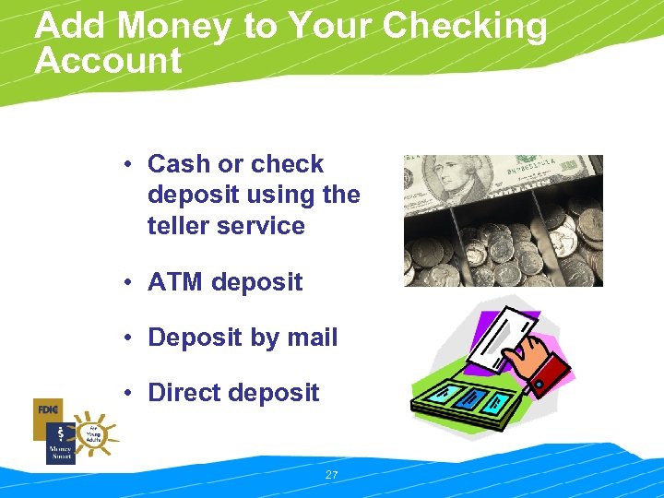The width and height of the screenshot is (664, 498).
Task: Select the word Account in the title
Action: click(x=108, y=62)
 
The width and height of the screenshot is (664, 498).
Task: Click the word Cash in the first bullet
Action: click(x=178, y=164)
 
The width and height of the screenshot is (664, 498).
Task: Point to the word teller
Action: click(x=177, y=225)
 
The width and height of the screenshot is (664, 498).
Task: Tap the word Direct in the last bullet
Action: click(x=184, y=393)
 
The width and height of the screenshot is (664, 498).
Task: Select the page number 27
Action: click(x=332, y=475)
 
